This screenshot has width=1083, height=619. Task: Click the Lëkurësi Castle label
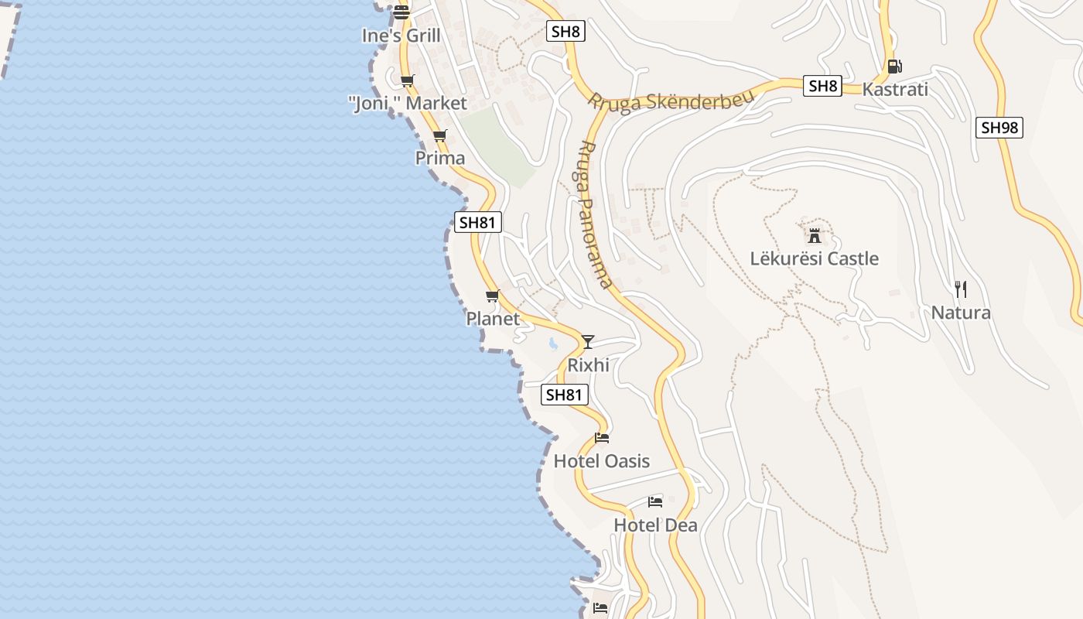pyautogui.click(x=814, y=258)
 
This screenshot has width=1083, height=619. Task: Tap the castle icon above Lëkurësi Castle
pyautogui.click(x=814, y=234)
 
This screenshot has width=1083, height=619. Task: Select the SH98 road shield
pyautogui.click(x=999, y=128)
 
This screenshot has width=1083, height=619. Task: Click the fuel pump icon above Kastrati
pyautogui.click(x=894, y=67)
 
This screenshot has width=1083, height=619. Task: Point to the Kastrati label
pyautogui.click(x=895, y=89)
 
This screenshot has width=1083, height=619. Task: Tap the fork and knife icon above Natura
pyautogui.click(x=961, y=289)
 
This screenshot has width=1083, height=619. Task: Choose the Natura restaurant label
pyautogui.click(x=961, y=313)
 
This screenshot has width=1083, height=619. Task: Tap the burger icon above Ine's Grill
pyautogui.click(x=401, y=12)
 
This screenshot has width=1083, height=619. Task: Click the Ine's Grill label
pyautogui.click(x=401, y=36)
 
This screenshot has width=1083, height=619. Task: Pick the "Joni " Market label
pyautogui.click(x=408, y=104)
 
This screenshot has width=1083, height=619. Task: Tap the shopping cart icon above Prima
pyautogui.click(x=440, y=135)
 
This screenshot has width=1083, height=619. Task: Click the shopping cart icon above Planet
pyautogui.click(x=493, y=296)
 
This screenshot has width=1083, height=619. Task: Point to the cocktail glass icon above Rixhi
pyautogui.click(x=588, y=341)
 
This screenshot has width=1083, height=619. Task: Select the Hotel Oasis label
pyautogui.click(x=601, y=461)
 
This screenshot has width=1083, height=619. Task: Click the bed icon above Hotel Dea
pyautogui.click(x=655, y=501)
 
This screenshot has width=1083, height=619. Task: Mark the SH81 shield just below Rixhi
pyautogui.click(x=564, y=395)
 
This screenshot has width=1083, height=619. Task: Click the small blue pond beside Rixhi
pyautogui.click(x=552, y=344)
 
